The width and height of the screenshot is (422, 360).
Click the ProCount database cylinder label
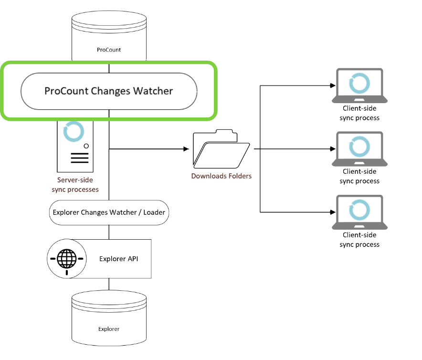(109, 49)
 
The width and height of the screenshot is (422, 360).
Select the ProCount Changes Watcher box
(109, 91)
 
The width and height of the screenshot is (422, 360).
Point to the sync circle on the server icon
(74, 132)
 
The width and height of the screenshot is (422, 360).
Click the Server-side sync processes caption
(75, 185)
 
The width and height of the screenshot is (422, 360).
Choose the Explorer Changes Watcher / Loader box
(109, 212)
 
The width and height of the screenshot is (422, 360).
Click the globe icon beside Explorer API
(66, 258)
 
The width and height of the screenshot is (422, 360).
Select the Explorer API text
(119, 259)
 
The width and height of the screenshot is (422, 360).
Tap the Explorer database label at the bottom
(109, 329)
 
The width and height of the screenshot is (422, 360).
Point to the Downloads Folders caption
(222, 176)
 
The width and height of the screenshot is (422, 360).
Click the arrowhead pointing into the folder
(186, 149)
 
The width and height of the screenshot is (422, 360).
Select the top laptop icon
(359, 85)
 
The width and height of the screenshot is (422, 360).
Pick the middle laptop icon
(359, 148)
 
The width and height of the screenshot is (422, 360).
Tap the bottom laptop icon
(359, 212)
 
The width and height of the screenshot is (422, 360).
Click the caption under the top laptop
(359, 113)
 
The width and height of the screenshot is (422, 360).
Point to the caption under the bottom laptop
(359, 240)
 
